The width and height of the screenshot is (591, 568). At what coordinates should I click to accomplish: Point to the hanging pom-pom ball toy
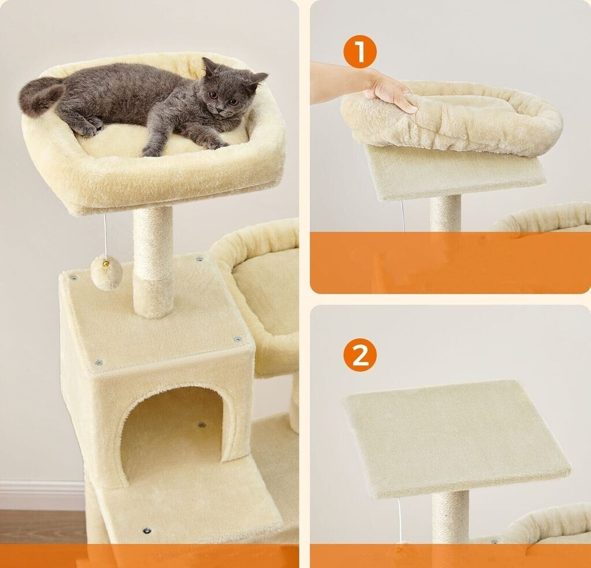[x=107, y=273]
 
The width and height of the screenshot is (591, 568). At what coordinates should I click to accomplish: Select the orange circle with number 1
[x=360, y=52]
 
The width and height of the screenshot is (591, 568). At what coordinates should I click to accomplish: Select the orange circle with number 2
[x=360, y=355]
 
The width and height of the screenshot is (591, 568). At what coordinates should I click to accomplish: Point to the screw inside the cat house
[x=202, y=425]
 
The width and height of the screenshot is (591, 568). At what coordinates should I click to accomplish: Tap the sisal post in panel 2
[x=450, y=517]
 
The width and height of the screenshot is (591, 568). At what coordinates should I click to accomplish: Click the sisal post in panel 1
[x=446, y=213]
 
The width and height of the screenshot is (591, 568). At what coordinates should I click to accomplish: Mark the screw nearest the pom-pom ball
[x=73, y=278]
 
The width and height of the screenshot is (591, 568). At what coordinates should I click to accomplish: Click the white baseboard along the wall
[x=42, y=495]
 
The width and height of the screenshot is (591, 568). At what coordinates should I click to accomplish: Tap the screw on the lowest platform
[x=147, y=530]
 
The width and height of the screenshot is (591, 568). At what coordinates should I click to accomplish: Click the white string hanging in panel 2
[x=399, y=521]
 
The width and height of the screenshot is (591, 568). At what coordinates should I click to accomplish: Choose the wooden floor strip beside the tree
[x=42, y=526]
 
